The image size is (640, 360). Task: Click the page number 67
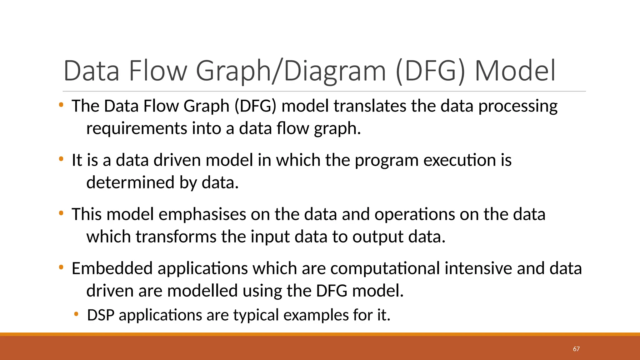point(576,349)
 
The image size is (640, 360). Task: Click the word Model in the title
point(515,71)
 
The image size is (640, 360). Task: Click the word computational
point(385,268)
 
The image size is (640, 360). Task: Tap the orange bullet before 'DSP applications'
point(76,314)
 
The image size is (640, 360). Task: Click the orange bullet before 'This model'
point(61,213)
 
